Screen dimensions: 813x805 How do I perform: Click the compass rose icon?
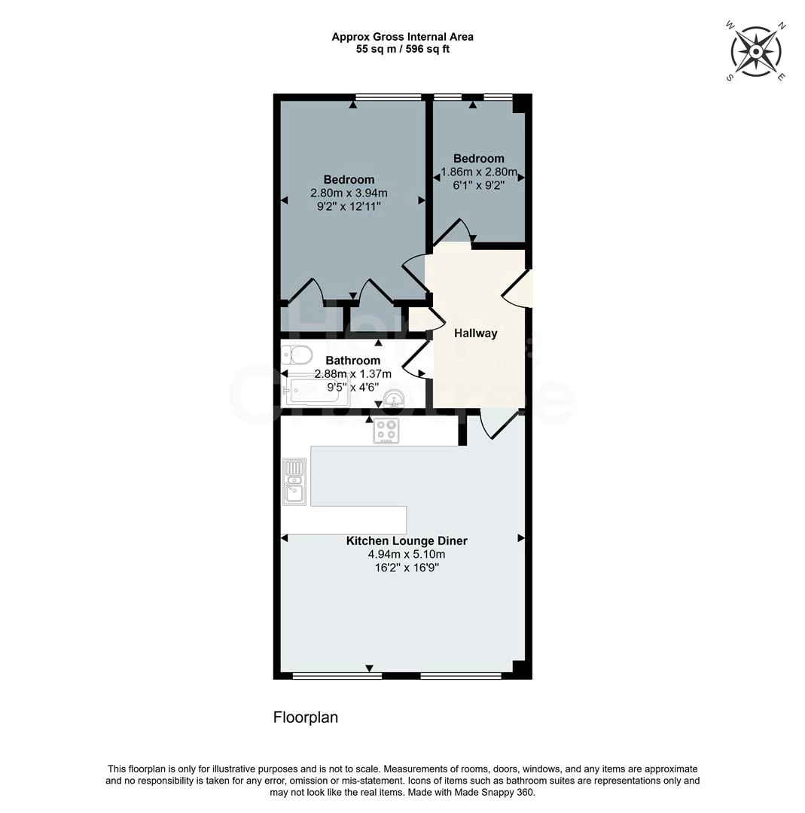(x=756, y=51)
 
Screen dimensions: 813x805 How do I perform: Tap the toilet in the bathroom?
(x=297, y=354)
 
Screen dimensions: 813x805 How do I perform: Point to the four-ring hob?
(x=386, y=431)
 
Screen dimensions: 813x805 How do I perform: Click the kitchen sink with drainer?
(x=294, y=480)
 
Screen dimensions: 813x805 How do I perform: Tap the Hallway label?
(x=475, y=333)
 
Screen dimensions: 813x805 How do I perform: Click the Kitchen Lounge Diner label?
(x=407, y=540)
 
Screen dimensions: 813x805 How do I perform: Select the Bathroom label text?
(x=353, y=361)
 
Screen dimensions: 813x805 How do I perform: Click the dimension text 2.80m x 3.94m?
(x=349, y=193)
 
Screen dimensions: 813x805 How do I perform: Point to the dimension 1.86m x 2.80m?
(x=479, y=172)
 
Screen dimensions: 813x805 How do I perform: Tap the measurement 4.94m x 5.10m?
(x=407, y=554)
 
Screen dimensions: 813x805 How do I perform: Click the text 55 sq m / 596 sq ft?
(x=403, y=49)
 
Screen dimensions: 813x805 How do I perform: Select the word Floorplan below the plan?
(x=305, y=717)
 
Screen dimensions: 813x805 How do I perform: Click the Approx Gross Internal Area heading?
(x=403, y=36)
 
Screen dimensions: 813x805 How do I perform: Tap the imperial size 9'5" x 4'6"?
(x=353, y=388)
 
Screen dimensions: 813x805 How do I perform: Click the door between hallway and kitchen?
(x=495, y=423)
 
